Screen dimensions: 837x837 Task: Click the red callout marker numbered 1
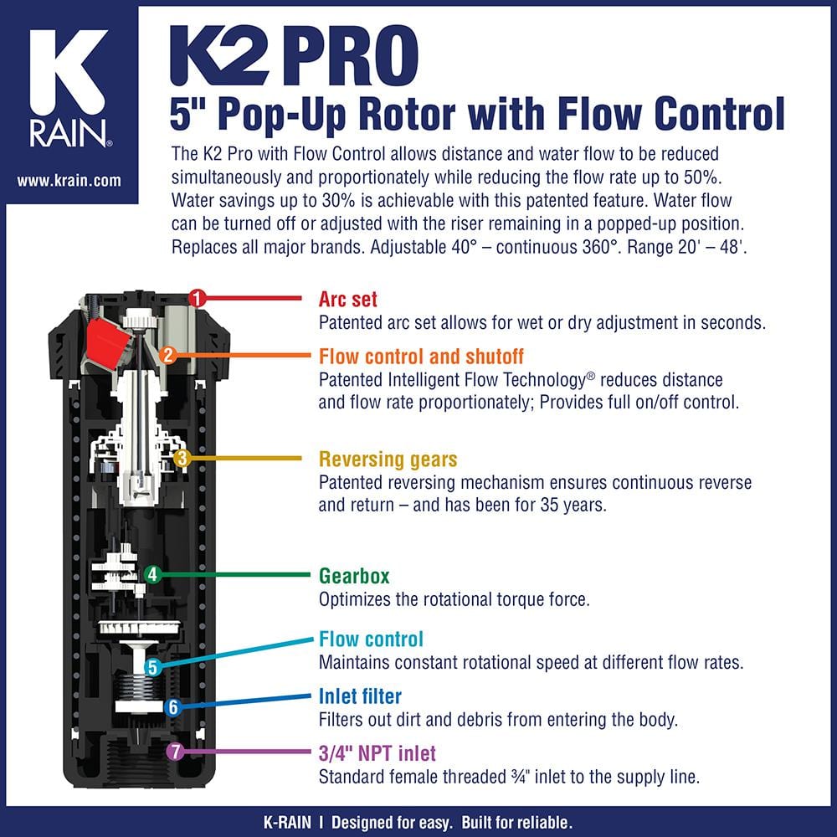(x=197, y=297)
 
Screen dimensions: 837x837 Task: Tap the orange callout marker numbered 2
(x=167, y=355)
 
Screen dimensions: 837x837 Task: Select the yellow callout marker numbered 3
(x=183, y=458)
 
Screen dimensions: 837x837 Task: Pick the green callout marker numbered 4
(x=151, y=574)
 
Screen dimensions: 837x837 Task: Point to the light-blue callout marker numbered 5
(x=152, y=667)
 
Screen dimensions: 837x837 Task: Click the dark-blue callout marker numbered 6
(x=172, y=707)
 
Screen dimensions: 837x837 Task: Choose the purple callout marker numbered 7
(x=174, y=752)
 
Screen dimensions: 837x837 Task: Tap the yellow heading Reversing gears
(x=388, y=460)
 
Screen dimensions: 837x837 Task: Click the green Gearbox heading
(x=354, y=576)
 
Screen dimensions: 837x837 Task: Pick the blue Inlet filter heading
(x=360, y=696)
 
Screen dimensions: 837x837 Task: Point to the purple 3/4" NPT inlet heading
(x=377, y=753)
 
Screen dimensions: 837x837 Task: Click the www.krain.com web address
(x=69, y=180)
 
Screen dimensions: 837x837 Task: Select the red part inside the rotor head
(x=107, y=342)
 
